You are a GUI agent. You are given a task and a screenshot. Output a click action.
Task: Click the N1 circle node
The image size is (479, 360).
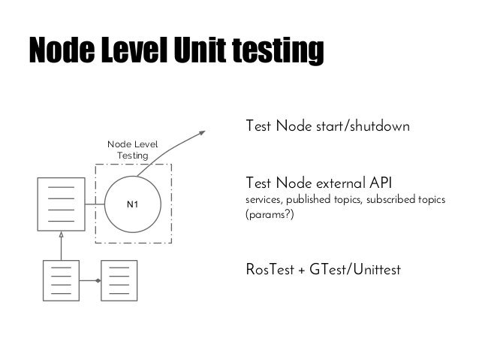[133, 204]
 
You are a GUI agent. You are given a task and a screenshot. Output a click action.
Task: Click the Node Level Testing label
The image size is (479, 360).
[132, 149]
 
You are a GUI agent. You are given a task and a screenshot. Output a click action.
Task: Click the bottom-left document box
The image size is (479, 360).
[62, 281]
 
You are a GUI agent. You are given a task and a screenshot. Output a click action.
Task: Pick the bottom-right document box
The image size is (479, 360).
[119, 281]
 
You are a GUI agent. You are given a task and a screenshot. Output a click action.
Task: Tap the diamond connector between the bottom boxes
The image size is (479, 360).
[97, 281]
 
